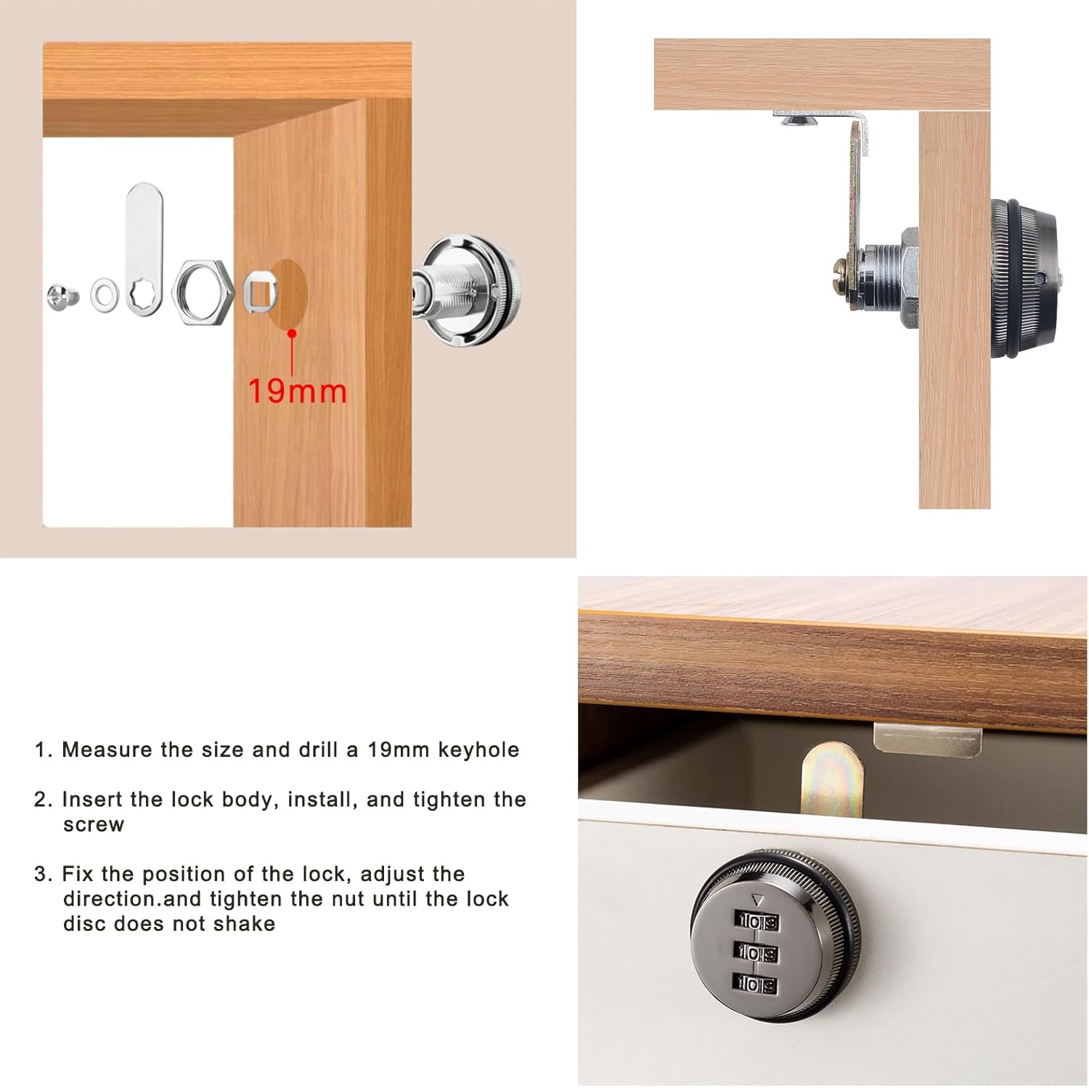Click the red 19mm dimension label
click(298, 391)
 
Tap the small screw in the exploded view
click(62, 296)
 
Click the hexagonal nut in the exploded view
click(203, 293)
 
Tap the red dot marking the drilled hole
click(292, 333)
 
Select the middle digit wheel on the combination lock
click(758, 953)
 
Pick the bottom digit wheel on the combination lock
click(758, 984)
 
